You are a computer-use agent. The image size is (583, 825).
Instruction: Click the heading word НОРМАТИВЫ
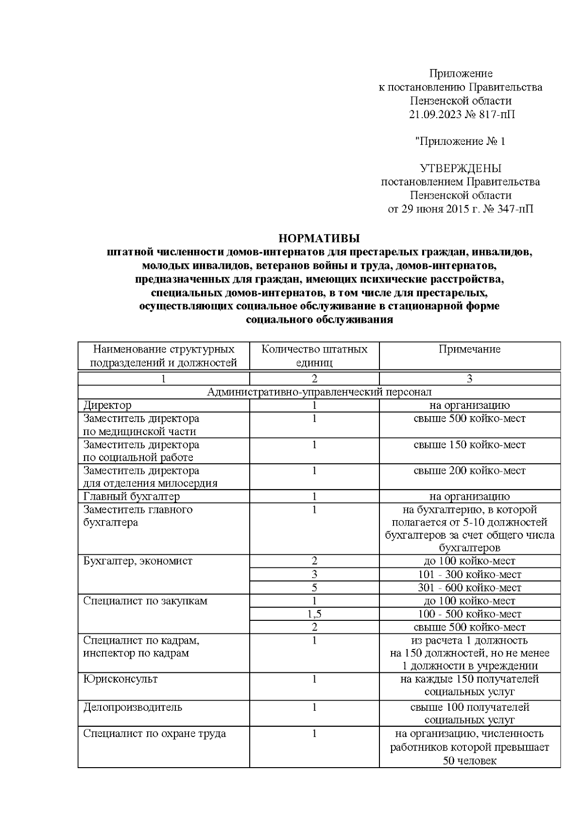319,238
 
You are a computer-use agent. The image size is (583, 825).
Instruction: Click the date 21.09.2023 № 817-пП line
460,115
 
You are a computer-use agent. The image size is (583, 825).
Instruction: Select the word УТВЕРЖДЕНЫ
460,168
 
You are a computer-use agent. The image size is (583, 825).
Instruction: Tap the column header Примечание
469,349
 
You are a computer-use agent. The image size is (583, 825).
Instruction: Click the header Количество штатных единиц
314,356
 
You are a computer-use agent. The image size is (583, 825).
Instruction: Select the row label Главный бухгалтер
131,496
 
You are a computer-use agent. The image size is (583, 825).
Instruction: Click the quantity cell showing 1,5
314,614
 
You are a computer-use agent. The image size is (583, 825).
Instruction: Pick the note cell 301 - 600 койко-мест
469,588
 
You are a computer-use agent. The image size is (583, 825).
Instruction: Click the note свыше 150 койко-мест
469,445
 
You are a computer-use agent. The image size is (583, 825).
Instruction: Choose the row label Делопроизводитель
132,707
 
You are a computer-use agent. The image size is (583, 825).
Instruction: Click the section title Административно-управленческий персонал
319,392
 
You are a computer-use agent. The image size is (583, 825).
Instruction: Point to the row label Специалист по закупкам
145,601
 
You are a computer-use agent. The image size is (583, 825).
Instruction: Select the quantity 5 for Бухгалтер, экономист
314,588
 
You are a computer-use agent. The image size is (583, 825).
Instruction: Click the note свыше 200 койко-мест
469,471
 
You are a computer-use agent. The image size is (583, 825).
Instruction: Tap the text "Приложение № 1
460,141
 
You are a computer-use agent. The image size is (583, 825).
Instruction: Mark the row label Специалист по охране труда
154,734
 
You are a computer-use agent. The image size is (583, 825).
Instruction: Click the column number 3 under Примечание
469,379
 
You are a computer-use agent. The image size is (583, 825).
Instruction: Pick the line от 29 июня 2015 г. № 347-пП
460,209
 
